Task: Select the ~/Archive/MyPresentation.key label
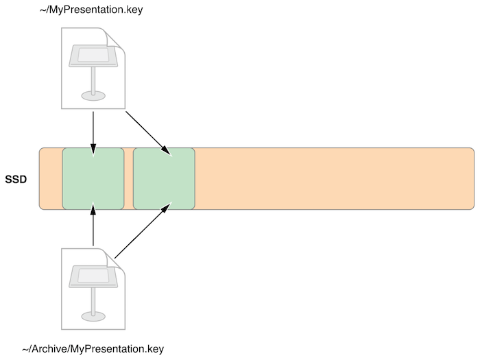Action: pyautogui.click(x=93, y=349)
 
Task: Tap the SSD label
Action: pyautogui.click(x=16, y=179)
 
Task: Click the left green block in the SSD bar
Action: pyautogui.click(x=93, y=178)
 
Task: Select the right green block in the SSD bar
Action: pyautogui.click(x=164, y=178)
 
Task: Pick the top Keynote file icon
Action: pyautogui.click(x=93, y=68)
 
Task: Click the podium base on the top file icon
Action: pyautogui.click(x=93, y=95)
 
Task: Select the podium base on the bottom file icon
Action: pyautogui.click(x=93, y=316)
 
